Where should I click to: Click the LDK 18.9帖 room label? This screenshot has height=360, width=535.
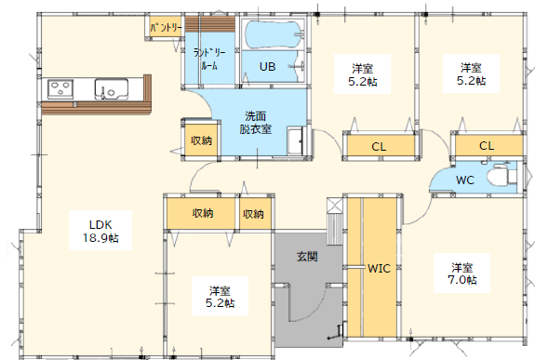tap(100, 231)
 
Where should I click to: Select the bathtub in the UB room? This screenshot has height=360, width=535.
tap(275, 35)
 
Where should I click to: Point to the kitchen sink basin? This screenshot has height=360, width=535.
tap(112, 89)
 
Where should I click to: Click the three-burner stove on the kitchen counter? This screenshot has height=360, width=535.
tap(60, 89)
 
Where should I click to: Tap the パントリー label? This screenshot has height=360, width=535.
tap(166, 28)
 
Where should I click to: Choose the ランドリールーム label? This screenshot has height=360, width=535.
tap(209, 60)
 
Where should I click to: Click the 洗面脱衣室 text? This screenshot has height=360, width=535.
tap(256, 123)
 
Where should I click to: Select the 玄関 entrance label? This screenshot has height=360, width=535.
tap(307, 256)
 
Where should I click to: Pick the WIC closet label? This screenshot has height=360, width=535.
tap(379, 269)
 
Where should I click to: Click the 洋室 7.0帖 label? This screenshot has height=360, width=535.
tap(462, 273)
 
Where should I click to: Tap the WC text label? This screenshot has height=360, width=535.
tap(464, 180)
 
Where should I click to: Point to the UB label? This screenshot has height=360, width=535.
tap(268, 66)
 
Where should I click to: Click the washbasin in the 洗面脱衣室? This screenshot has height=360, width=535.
tap(295, 140)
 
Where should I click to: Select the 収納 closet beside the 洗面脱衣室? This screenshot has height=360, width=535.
tap(201, 140)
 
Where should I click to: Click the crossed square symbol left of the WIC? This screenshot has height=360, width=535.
tap(334, 206)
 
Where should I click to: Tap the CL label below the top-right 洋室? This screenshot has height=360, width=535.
tap(487, 146)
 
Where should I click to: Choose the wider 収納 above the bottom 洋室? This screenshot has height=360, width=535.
tap(202, 213)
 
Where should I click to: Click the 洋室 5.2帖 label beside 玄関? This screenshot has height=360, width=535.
tap(221, 297)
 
